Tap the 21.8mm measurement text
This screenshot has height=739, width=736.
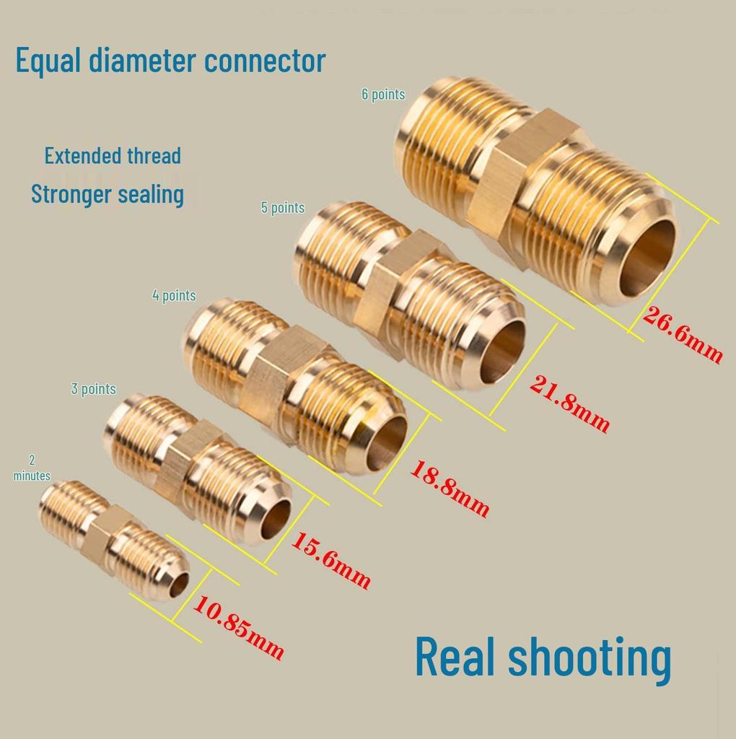click(569, 403)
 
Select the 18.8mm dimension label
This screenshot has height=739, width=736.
click(450, 489)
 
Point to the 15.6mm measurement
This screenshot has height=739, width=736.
click(330, 560)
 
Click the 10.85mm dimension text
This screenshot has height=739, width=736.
click(238, 628)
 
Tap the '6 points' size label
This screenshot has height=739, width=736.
click(383, 95)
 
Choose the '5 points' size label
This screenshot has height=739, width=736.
click(283, 207)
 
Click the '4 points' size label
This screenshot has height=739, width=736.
click(174, 295)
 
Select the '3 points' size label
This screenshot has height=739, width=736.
click(93, 389)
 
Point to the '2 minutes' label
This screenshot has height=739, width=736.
click(32, 468)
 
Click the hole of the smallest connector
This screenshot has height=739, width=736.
click(180, 585)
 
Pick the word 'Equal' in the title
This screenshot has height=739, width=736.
click(48, 61)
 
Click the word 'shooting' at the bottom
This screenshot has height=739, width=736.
click(589, 658)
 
